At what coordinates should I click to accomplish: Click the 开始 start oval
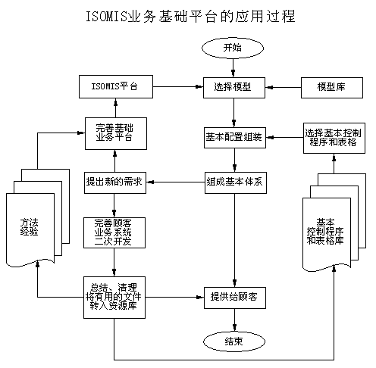(233, 48)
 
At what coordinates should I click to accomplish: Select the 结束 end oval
(234, 341)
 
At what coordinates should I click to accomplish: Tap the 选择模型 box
(234, 88)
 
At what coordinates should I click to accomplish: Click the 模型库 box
(332, 88)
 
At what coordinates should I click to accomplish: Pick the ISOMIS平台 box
(116, 86)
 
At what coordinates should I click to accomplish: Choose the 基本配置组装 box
(235, 138)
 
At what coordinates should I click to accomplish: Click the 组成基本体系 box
(236, 182)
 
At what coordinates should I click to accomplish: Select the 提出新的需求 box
(115, 182)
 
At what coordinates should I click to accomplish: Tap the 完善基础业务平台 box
(116, 133)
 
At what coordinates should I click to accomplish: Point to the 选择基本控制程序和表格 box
(334, 138)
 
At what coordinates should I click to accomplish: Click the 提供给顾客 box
(235, 298)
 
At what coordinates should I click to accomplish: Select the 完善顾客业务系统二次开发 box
(114, 232)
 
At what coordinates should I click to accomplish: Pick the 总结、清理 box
(114, 298)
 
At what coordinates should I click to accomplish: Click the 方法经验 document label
(30, 227)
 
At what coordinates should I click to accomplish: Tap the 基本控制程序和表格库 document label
(325, 232)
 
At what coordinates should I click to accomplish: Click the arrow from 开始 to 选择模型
(233, 67)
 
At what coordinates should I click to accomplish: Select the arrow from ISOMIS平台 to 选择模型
(178, 86)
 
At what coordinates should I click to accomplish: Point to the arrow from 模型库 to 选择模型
(283, 88)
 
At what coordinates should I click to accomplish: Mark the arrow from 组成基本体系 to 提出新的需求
(175, 182)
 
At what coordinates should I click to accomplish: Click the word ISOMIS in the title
(106, 17)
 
